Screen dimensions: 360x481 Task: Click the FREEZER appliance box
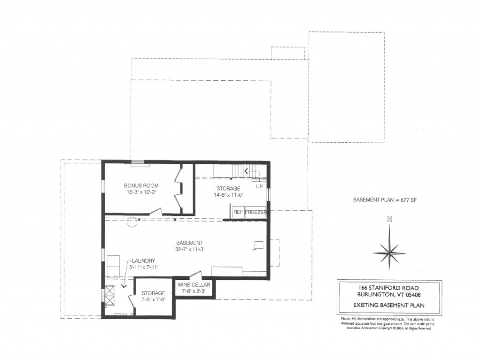click(256, 213)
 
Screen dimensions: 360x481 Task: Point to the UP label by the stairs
click(259, 186)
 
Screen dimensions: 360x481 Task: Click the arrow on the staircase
click(248, 171)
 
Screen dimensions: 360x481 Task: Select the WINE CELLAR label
click(194, 285)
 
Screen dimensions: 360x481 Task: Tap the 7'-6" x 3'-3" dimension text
click(194, 291)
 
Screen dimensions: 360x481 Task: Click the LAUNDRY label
click(143, 261)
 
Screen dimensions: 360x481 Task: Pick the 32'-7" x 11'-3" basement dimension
click(189, 249)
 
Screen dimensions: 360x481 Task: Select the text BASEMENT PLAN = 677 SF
click(385, 200)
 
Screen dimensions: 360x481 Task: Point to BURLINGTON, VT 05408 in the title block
click(389, 295)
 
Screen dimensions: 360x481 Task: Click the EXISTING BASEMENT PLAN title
click(389, 305)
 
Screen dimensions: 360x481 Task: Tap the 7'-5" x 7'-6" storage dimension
click(153, 299)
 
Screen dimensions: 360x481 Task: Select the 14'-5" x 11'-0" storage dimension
click(228, 195)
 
